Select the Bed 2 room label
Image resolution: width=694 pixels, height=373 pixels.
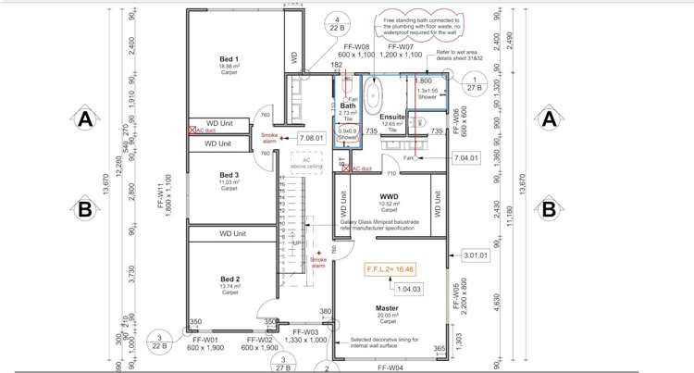[x=229, y=279]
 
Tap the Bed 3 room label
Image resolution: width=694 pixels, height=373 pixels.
[x=229, y=175]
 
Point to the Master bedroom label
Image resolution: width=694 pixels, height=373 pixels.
[x=387, y=308]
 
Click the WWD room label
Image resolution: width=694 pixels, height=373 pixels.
[x=388, y=197]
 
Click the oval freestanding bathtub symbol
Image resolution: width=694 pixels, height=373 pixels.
[x=374, y=95]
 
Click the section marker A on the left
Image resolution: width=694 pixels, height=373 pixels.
[x=84, y=118]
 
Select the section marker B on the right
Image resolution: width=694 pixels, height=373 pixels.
[x=549, y=208]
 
